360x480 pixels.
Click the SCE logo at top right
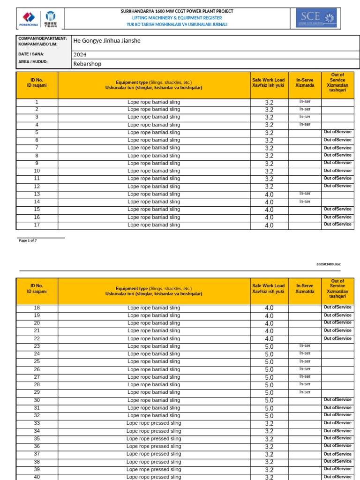[x=316, y=18]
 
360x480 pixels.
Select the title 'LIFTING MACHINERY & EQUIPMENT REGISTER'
[x=177, y=18]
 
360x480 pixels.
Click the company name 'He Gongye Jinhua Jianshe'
[x=107, y=41]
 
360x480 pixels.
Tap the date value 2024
[x=80, y=54]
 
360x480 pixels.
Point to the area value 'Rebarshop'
[x=87, y=64]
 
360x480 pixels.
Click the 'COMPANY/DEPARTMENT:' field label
[x=43, y=38]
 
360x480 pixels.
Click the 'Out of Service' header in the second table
[x=337, y=288]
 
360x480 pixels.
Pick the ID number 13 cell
[x=37, y=194]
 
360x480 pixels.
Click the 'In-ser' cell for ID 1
[x=305, y=101]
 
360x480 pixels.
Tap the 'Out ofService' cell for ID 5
[x=337, y=132]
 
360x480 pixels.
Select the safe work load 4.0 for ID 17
[x=269, y=225]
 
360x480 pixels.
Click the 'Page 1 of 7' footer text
[x=28, y=240]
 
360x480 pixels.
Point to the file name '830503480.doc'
[x=328, y=264]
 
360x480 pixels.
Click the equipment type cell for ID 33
[x=154, y=423]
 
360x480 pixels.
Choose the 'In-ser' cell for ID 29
[x=305, y=392]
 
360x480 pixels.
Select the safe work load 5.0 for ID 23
[x=269, y=347]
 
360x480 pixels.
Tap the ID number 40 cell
[x=37, y=477]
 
